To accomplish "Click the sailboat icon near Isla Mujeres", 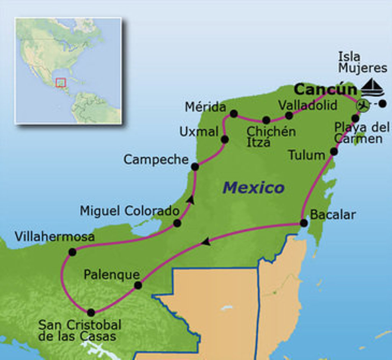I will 372,87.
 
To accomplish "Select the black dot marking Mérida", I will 234,114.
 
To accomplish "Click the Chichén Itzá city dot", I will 266,120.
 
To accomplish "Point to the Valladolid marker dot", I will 289,116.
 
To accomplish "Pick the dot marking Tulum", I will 334,152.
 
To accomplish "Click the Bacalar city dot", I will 303,223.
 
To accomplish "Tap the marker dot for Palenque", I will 138,285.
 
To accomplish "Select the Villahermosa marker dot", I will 72,252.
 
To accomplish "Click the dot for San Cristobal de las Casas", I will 91,313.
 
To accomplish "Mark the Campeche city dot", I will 195,167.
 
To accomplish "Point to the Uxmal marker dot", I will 225,139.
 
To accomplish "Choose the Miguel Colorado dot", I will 177,223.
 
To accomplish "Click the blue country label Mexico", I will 253,188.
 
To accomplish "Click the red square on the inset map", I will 60,82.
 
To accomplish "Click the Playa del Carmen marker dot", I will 355,118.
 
